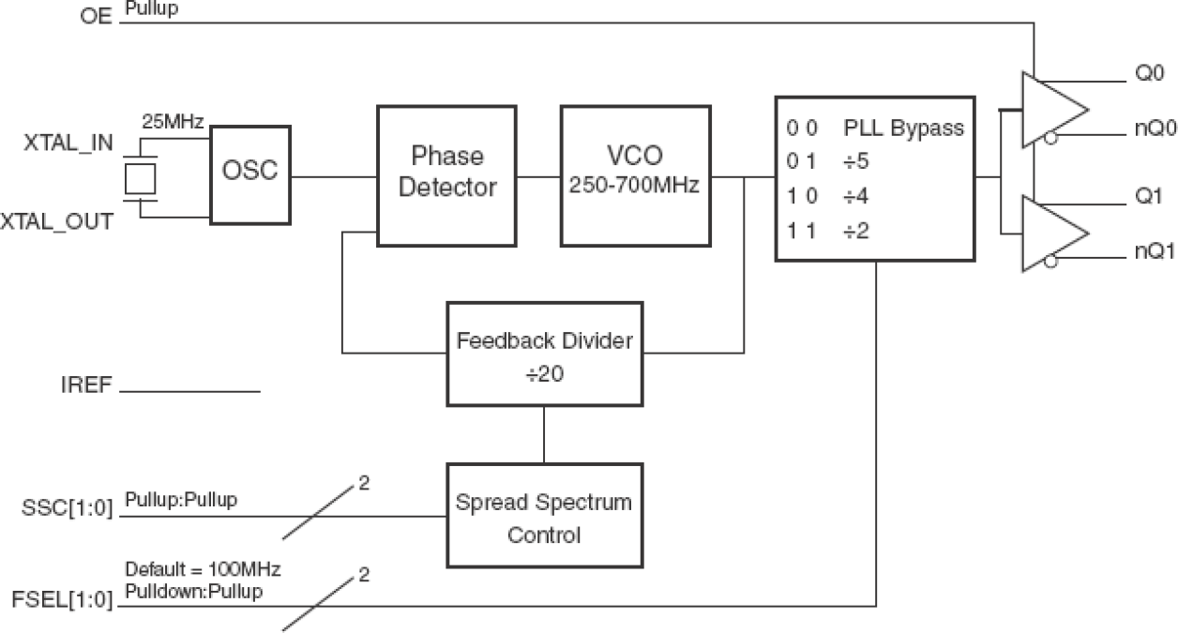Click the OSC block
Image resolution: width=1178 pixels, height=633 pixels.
pyautogui.click(x=249, y=175)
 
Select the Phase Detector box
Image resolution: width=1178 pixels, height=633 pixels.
pyautogui.click(x=446, y=175)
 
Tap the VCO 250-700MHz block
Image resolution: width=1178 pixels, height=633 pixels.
pyautogui.click(x=634, y=175)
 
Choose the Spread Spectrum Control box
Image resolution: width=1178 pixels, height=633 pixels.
pyautogui.click(x=544, y=518)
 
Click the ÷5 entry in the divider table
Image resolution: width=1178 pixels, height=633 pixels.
pyautogui.click(x=856, y=162)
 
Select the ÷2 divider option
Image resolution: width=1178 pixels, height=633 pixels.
pyautogui.click(x=856, y=230)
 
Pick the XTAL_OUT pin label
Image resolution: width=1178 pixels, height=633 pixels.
pyautogui.click(x=56, y=222)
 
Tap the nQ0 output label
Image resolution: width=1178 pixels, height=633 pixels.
pyautogui.click(x=1147, y=132)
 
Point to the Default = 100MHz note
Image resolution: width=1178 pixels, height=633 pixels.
pyautogui.click(x=204, y=569)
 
